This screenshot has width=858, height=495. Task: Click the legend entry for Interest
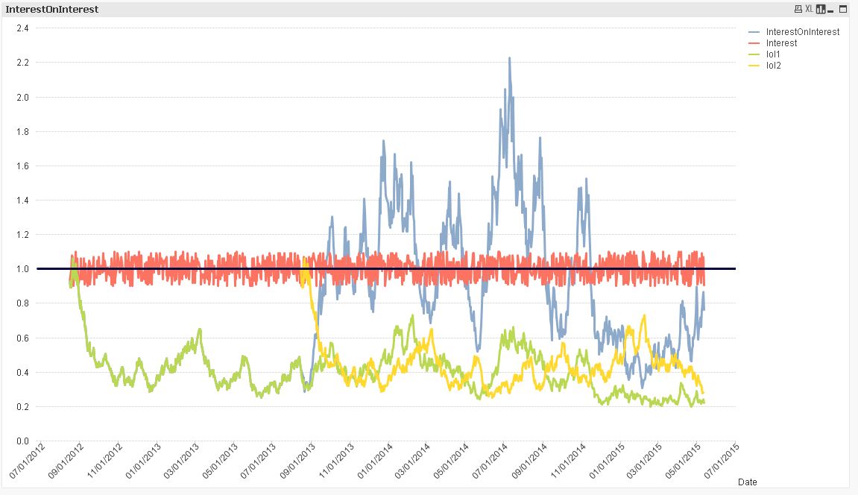[x=781, y=43]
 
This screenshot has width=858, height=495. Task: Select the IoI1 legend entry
[x=774, y=54]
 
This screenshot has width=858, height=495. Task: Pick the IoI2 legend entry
[x=774, y=66]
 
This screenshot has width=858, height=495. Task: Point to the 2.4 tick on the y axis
[x=22, y=28]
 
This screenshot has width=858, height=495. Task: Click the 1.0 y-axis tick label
[x=22, y=269]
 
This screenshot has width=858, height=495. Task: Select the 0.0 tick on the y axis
[x=22, y=441]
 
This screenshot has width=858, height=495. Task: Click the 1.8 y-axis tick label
[x=22, y=131]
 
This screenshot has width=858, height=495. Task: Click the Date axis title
[x=747, y=482]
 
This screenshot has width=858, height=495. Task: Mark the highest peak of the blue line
[x=509, y=58]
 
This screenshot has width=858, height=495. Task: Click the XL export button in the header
[x=809, y=9]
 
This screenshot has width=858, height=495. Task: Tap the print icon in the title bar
[x=798, y=9]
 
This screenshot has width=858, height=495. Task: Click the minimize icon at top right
[x=843, y=9]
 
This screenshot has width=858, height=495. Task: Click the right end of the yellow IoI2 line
[x=703, y=393]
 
